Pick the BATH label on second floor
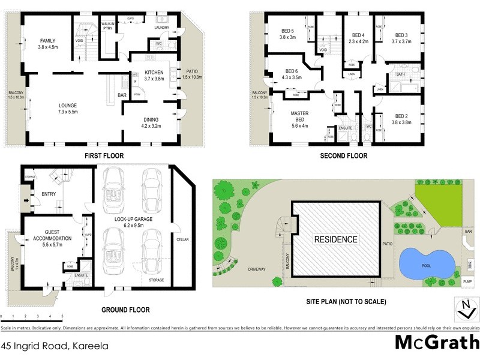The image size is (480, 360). pos(400,74)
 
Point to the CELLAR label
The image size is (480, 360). pos(182,240)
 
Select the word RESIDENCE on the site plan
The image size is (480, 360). pos(336,239)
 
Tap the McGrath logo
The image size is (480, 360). pos(436,343)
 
